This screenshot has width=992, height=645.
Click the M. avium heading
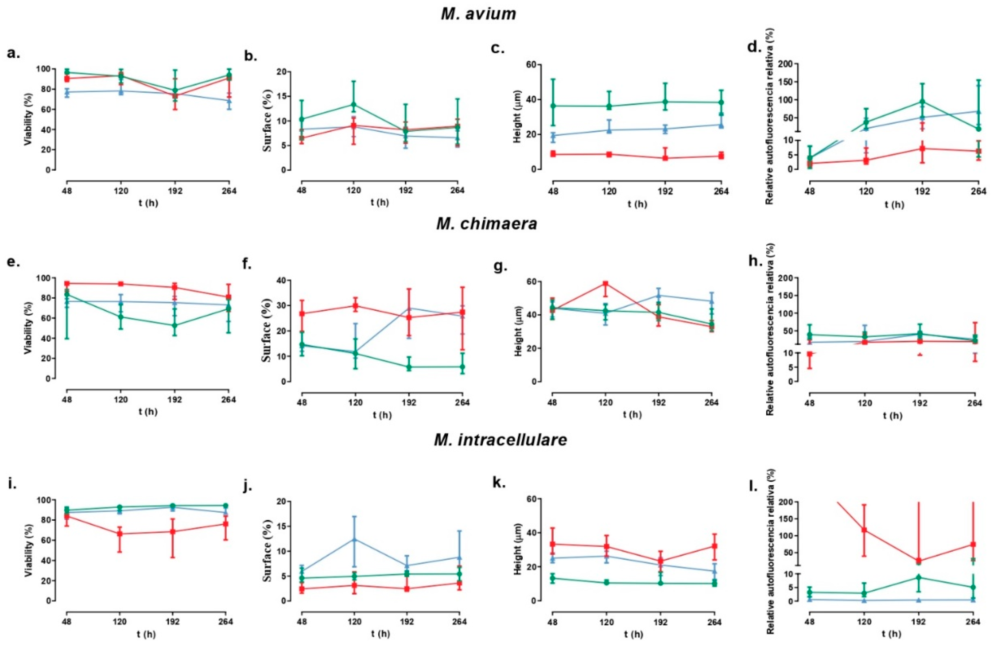click(x=478, y=14)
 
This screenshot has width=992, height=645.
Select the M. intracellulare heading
click(x=500, y=440)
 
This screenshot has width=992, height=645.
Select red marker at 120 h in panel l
click(x=864, y=530)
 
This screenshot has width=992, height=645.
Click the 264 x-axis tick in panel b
click(x=457, y=190)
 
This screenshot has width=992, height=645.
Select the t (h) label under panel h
click(x=892, y=416)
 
